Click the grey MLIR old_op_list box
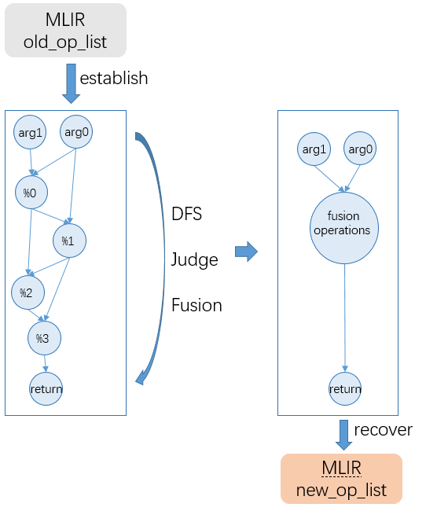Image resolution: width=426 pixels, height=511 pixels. click(x=65, y=31)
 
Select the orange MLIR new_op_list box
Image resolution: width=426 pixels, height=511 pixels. click(x=341, y=479)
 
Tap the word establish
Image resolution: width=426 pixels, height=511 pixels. click(x=114, y=78)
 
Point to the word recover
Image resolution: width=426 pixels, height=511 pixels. click(x=383, y=430)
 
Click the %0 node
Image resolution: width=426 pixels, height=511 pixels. click(x=31, y=193)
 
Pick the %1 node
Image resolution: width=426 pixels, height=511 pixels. click(x=69, y=241)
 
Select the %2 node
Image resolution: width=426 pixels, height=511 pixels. click(x=28, y=292)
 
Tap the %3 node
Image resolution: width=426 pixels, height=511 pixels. click(x=44, y=338)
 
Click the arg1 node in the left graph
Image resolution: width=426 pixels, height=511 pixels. click(x=30, y=132)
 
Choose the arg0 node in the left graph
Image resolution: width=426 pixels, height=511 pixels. click(x=76, y=131)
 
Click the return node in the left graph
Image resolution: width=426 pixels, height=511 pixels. click(x=46, y=389)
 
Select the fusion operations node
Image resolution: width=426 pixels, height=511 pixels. click(x=344, y=228)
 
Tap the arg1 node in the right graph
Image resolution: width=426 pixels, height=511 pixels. click(x=314, y=149)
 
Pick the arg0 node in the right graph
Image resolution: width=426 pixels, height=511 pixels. click(x=360, y=149)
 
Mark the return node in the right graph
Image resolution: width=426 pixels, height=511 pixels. click(x=345, y=389)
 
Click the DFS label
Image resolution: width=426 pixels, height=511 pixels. click(x=187, y=214)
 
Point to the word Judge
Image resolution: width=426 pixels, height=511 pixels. click(x=195, y=260)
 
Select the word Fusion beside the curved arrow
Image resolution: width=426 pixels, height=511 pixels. click(x=196, y=305)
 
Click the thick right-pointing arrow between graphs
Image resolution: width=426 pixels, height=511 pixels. click(x=247, y=252)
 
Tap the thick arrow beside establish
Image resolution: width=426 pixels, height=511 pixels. click(x=71, y=84)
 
